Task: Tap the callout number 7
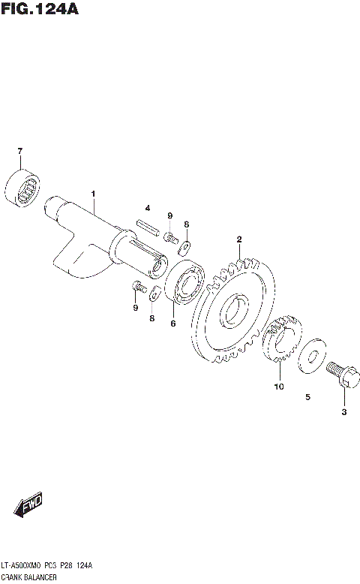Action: (x=20, y=152)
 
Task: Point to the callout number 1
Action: (x=93, y=194)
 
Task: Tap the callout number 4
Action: (x=148, y=207)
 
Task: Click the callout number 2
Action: (x=238, y=240)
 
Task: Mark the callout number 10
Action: (x=278, y=387)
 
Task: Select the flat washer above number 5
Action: (x=311, y=355)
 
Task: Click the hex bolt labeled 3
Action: (x=340, y=375)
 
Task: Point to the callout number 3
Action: (x=343, y=412)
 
